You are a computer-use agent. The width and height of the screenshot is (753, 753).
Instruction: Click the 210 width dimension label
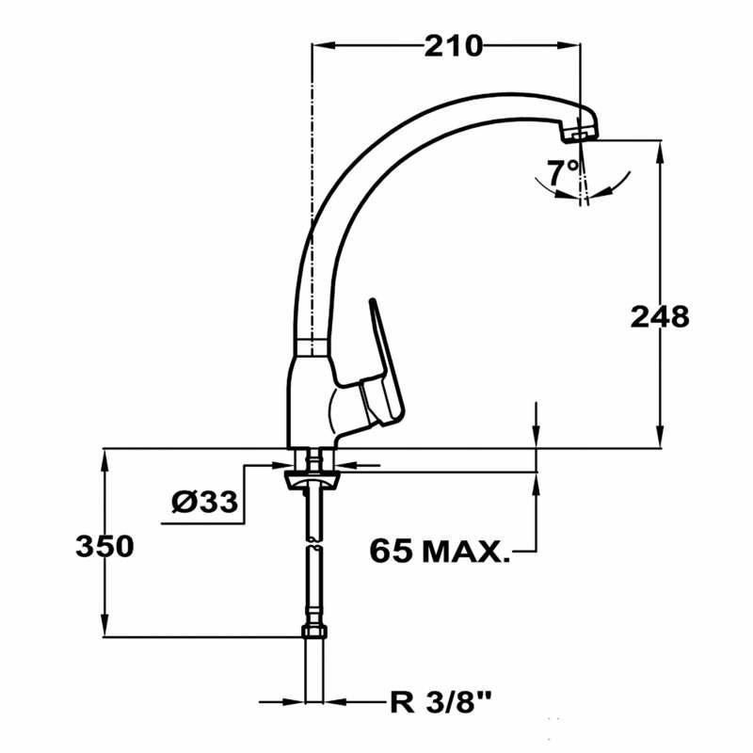point(452,44)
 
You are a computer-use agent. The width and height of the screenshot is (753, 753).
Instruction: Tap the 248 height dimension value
point(659,317)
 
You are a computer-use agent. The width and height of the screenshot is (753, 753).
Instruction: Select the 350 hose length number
point(104,546)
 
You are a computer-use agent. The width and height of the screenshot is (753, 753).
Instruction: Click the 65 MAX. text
point(439,550)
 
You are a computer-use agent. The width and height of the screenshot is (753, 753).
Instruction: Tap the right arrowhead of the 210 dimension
point(572,44)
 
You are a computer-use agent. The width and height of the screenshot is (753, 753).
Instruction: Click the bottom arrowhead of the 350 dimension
point(104,631)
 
